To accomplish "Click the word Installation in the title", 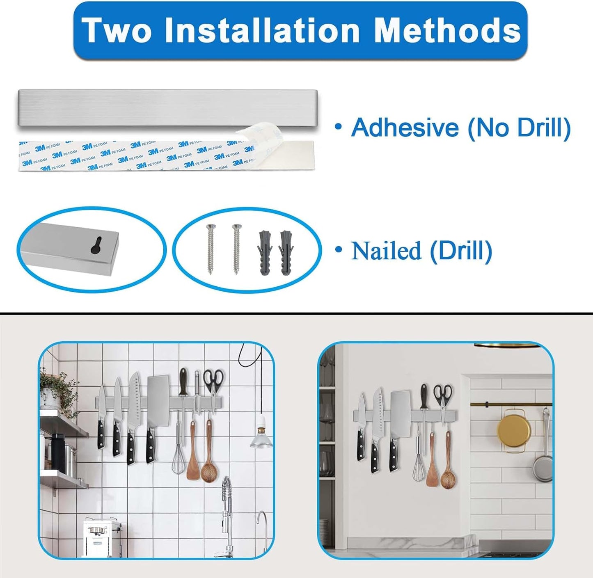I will tap(262, 30).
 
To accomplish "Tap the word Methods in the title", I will tap(448, 30).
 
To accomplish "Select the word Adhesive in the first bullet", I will tap(405, 127).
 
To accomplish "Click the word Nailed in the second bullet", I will tap(386, 250).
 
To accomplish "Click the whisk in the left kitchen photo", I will tap(178, 459).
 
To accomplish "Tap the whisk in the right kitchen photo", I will tap(419, 468).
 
